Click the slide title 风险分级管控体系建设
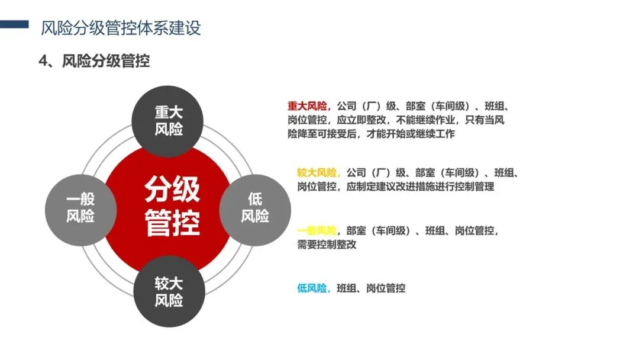coord(121,27)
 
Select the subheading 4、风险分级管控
coord(94,61)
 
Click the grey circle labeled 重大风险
coord(169,121)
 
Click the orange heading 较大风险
coord(317,173)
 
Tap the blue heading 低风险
coord(312,289)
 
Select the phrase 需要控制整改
coord(327,245)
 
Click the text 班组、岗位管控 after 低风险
coord(371,289)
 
